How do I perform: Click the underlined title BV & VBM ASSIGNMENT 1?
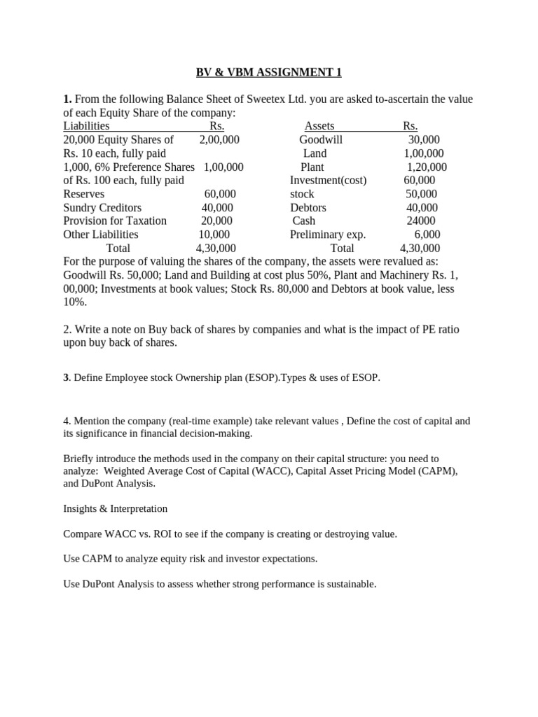268,73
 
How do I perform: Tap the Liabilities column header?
86,126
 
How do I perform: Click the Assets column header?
319,126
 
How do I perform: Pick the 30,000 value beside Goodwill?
424,140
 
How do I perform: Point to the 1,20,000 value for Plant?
427,167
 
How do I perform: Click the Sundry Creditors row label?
102,208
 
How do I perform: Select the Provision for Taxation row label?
115,221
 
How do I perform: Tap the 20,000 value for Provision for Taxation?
216,221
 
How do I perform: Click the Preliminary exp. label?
328,235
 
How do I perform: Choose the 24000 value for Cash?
422,221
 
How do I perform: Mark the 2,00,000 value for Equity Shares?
219,140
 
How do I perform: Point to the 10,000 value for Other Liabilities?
214,235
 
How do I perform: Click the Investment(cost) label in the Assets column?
328,181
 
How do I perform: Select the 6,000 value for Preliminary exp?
427,235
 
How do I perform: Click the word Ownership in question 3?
187,378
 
